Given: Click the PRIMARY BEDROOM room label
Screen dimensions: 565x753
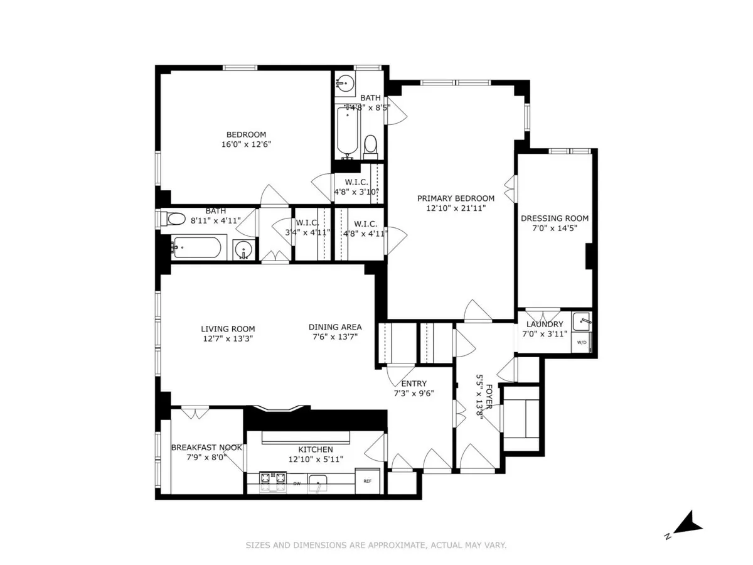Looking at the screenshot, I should click(456, 198).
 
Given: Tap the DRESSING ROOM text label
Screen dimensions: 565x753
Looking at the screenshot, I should click(555, 218).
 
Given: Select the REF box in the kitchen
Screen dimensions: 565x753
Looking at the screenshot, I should click(367, 482).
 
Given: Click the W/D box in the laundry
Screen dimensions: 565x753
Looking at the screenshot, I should click(581, 343).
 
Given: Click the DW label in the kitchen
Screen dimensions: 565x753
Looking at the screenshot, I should click(297, 483).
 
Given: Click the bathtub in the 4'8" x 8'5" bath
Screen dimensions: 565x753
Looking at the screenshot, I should click(346, 131).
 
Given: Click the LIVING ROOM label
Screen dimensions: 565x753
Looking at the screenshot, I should click(228, 328).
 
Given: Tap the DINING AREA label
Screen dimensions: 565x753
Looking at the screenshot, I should click(335, 327).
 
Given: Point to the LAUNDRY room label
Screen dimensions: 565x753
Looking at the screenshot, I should click(545, 324).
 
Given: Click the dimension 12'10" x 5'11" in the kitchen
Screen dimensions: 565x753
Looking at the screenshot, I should click(316, 460).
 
